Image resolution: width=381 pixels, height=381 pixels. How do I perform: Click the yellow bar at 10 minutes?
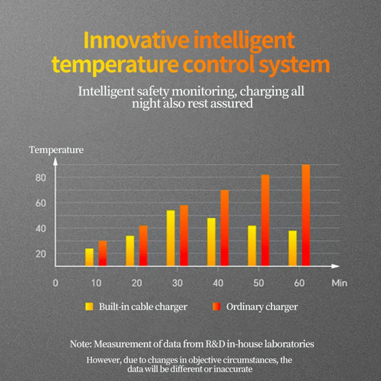pos(89,257)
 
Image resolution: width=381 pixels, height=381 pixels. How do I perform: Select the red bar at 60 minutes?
pos(306,215)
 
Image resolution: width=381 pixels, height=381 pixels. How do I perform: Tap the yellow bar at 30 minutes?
pos(170,238)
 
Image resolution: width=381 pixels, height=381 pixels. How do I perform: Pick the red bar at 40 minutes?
pos(225,228)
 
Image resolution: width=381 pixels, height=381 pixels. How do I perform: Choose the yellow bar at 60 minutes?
pos(292,248)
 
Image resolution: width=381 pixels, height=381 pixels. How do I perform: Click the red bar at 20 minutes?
pos(143,246)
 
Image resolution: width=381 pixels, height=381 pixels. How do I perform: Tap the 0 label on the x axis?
pos(55,283)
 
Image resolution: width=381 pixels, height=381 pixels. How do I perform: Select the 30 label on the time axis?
pos(177,283)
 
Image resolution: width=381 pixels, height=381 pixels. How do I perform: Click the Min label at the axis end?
pos(339,283)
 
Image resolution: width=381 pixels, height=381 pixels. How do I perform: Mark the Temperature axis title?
pos(56,150)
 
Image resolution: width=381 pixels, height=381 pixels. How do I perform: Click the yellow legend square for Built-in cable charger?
pos(89,307)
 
